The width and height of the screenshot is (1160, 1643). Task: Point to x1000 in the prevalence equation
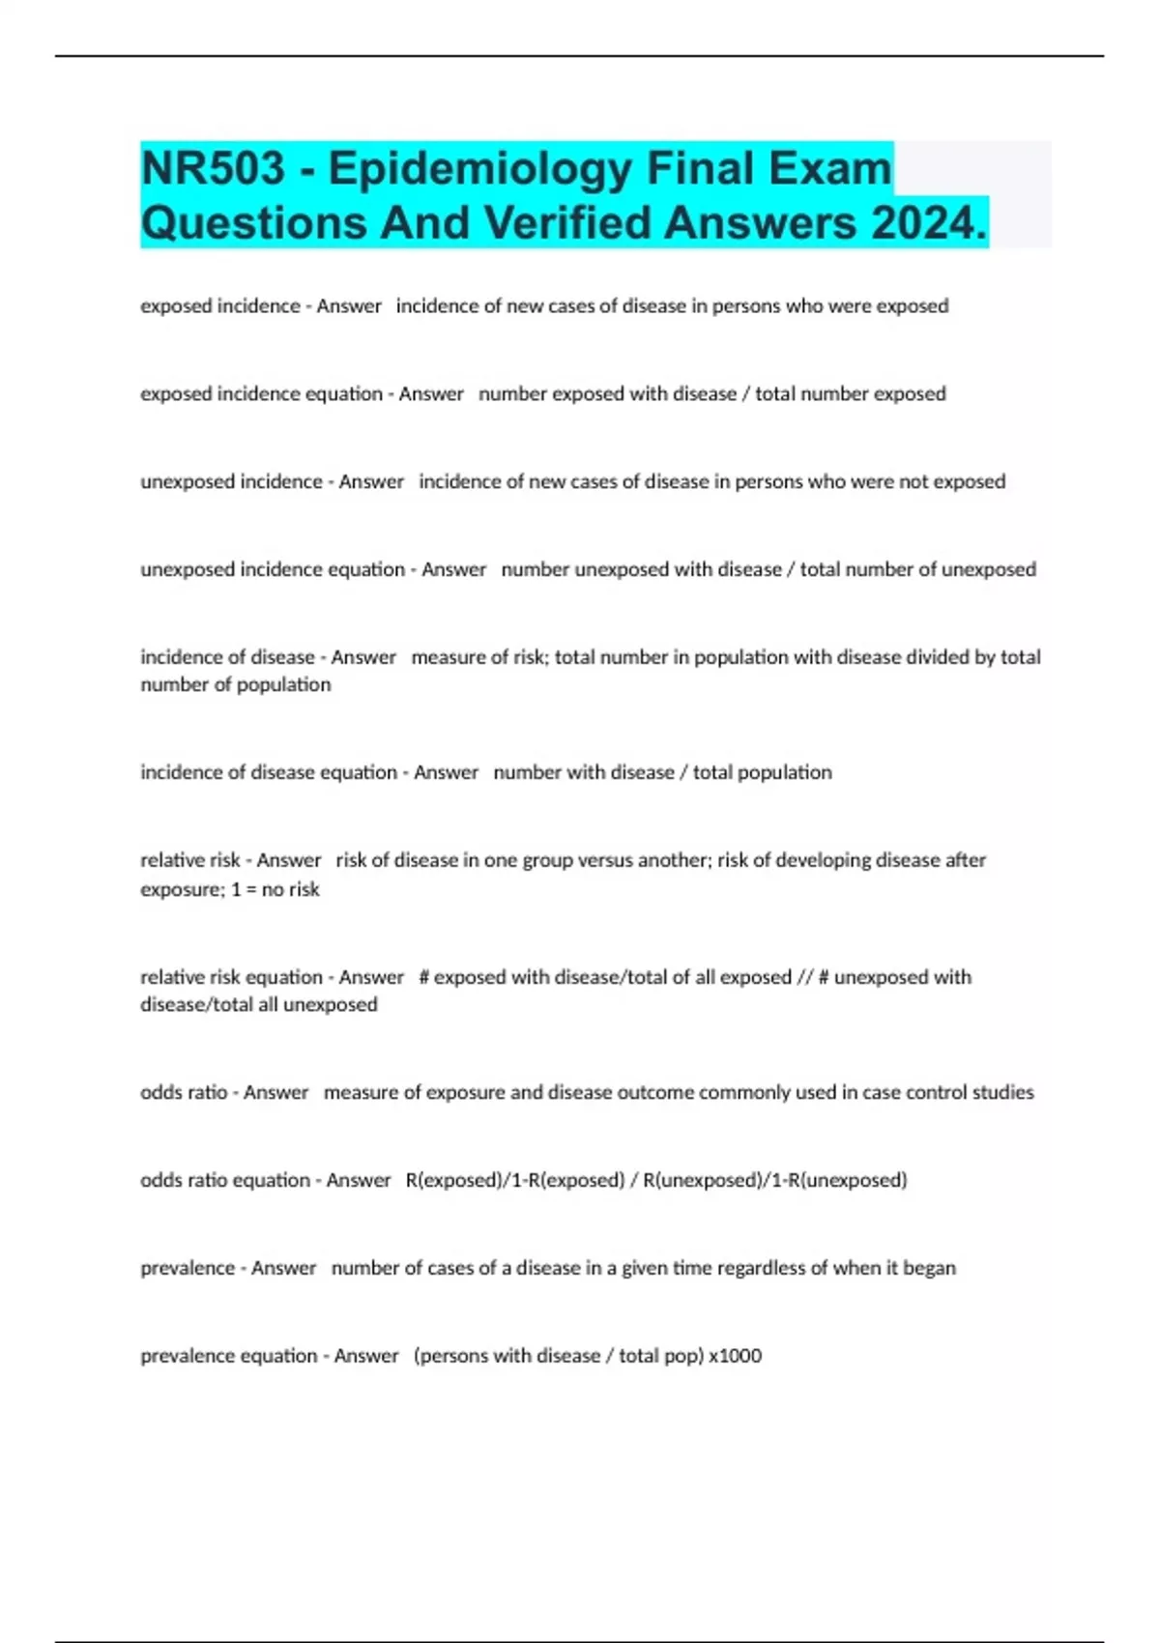coord(735,1356)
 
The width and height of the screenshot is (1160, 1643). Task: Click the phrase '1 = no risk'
coord(275,889)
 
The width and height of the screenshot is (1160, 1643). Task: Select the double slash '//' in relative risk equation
coord(804,977)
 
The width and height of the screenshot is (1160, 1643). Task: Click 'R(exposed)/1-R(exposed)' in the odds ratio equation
coord(514,1180)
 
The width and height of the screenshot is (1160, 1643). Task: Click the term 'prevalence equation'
coord(228,1356)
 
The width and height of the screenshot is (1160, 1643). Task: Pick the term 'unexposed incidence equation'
coord(273,569)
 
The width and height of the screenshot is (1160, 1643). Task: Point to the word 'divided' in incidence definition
coord(937,657)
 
